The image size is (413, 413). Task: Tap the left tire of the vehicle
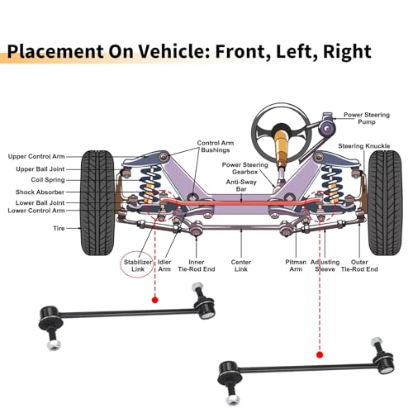tap(97, 202)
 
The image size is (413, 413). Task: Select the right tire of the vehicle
tap(384, 202)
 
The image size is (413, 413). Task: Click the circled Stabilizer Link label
tap(138, 265)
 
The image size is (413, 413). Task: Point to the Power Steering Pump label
tap(367, 118)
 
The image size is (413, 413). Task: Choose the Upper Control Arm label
tap(36, 156)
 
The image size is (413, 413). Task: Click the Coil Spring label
tap(48, 180)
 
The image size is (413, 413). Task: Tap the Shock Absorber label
tap(40, 192)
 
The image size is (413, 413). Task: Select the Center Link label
tap(241, 265)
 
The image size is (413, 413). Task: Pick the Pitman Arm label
tap(296, 265)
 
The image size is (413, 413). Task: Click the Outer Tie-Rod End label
tap(359, 265)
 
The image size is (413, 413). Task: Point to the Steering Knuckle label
tap(364, 146)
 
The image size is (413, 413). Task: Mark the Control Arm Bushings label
tap(216, 146)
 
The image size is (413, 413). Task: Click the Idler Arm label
tap(164, 265)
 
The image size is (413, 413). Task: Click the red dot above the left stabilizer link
tap(155, 300)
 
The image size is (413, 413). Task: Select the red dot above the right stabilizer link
tap(320, 354)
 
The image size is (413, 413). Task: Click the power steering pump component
tap(327, 126)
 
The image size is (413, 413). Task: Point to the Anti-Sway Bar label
tap(241, 186)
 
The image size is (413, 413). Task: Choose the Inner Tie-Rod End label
tap(197, 265)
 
